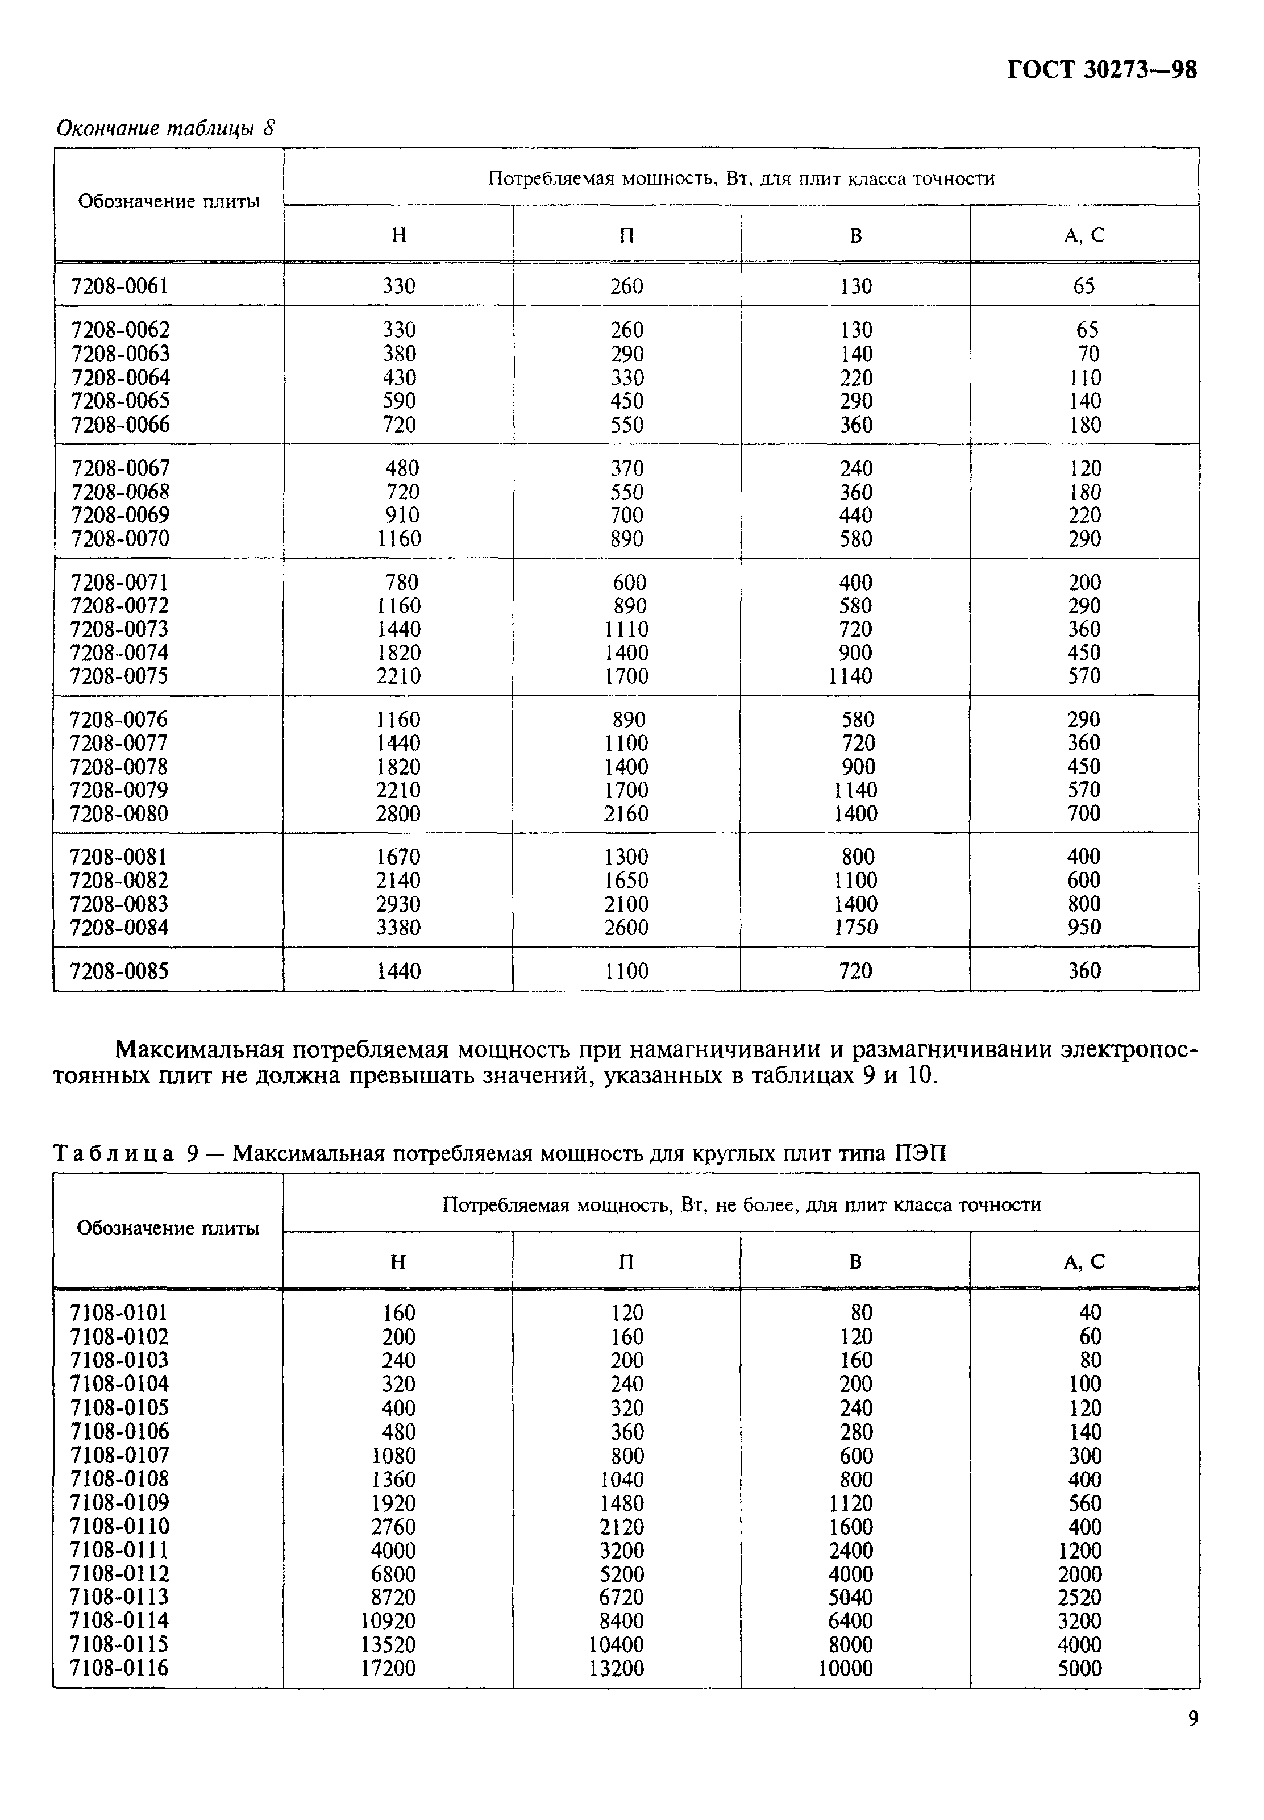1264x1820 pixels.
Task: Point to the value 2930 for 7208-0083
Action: click(x=398, y=904)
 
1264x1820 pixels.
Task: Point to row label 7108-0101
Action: click(x=119, y=1313)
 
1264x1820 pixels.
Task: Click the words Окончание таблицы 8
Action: click(x=165, y=128)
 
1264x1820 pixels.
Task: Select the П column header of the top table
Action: click(x=626, y=235)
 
